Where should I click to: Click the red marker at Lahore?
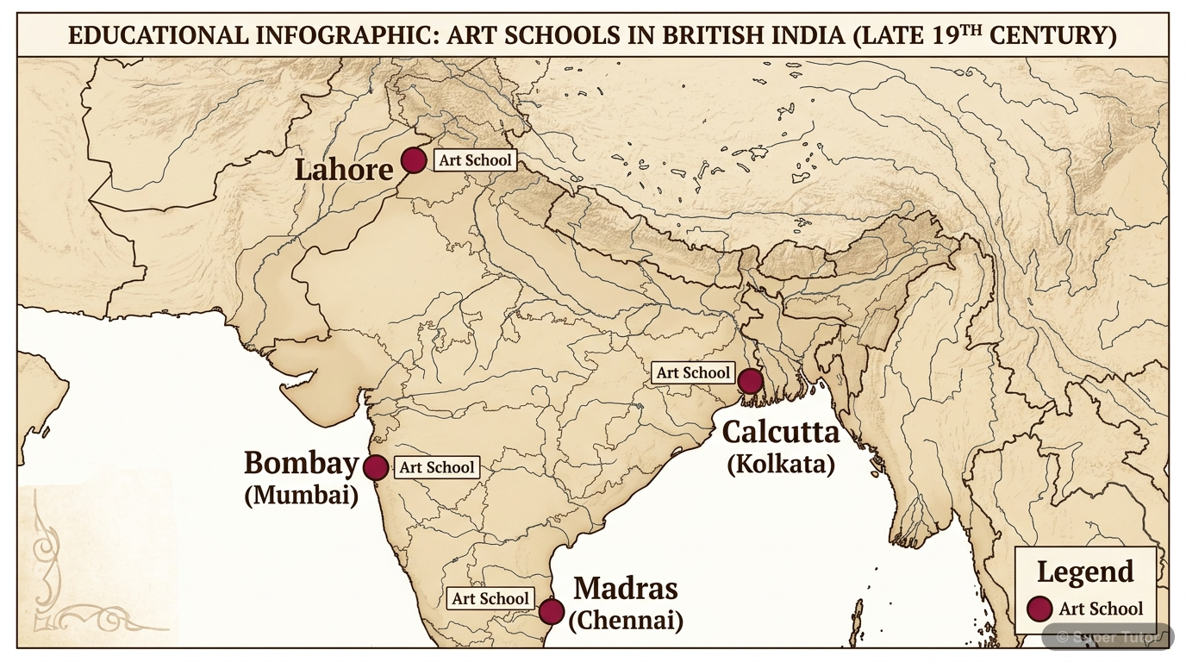pos(414,160)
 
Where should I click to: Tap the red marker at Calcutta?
pos(751,380)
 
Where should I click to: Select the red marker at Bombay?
pos(376,467)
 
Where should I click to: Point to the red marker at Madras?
pos(552,611)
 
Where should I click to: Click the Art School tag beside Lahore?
pos(475,160)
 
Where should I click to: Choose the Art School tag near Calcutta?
pos(693,372)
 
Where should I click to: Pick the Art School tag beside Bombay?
pos(437,467)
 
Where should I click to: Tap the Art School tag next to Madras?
pos(490,598)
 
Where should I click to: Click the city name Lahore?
pos(344,169)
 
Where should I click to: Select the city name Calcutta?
pos(780,432)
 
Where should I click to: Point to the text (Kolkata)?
pos(781,465)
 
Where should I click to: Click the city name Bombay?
pos(301,464)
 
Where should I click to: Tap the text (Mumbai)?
pos(301,496)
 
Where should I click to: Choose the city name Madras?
pos(626,589)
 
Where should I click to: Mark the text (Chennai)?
pos(626,620)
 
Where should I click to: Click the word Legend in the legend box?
pos(1085,571)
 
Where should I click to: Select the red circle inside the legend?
pos(1041,609)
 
